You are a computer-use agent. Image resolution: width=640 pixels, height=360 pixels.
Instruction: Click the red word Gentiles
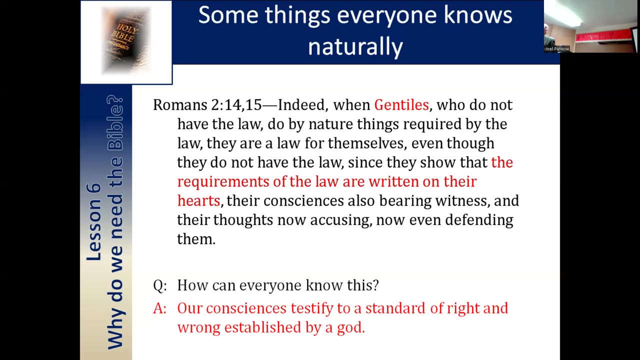[x=401, y=105]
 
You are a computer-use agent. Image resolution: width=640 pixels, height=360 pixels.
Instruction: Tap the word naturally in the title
[x=355, y=47]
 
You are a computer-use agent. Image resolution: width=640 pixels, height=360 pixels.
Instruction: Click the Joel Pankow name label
[x=557, y=49]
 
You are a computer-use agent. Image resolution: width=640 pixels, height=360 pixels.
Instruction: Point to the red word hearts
[x=198, y=200]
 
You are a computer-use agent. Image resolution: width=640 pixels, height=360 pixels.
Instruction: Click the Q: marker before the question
[x=159, y=285]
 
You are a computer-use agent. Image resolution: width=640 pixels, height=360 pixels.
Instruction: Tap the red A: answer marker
[x=159, y=308]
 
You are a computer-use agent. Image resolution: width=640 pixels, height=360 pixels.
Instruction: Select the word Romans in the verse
[x=180, y=105]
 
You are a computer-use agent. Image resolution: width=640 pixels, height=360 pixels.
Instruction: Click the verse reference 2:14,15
[x=236, y=105]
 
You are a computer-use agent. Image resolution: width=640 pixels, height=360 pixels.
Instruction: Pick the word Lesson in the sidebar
[x=93, y=221]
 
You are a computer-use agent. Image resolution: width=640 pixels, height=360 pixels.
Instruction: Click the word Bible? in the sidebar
[x=115, y=122]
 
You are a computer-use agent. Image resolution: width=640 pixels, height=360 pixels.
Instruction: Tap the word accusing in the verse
[x=341, y=220]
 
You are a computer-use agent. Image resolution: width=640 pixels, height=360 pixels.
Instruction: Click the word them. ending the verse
[x=196, y=239]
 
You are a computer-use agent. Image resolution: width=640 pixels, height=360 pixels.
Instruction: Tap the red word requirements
[x=223, y=182]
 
